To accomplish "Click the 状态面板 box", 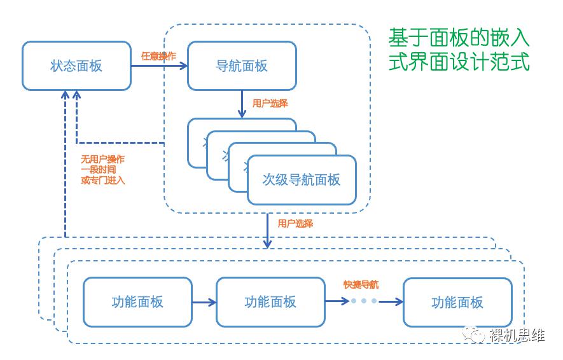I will point(76,66).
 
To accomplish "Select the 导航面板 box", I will point(242,66).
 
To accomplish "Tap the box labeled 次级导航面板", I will point(302,180).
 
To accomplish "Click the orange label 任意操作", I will point(158,56).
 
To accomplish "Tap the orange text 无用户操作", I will point(102,159).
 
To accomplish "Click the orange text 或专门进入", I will point(102,180).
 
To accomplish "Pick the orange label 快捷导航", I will point(361,284).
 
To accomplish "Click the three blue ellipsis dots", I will point(364,301).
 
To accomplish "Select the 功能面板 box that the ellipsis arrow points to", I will point(457,302).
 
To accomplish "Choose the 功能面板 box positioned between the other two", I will point(270,302).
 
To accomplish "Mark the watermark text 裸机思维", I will point(517,335).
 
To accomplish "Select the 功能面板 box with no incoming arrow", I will point(137,302).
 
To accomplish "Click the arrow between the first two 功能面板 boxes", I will point(204,302).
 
